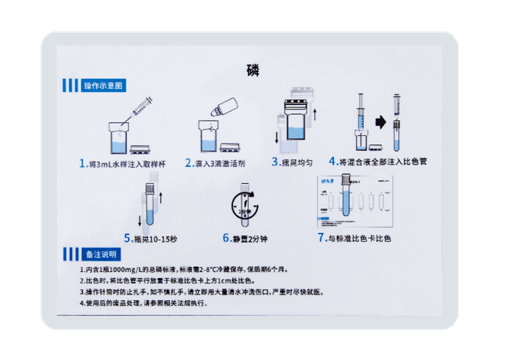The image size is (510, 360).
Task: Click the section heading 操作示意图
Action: point(102,85)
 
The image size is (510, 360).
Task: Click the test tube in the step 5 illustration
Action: point(150,205)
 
